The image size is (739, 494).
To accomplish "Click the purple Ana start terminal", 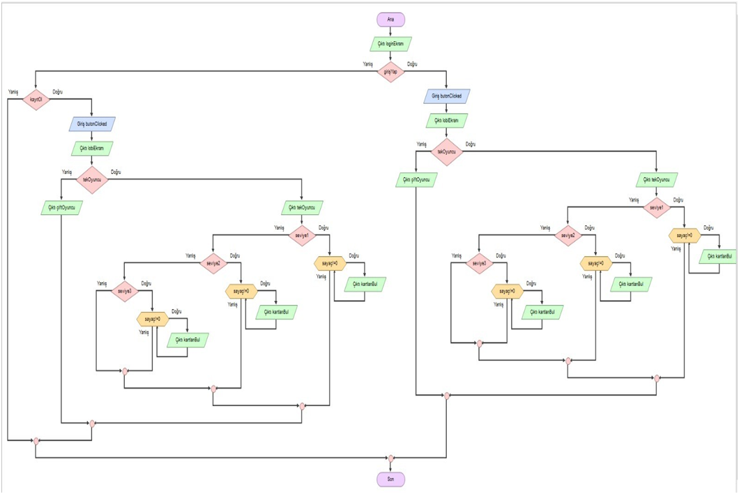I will (x=390, y=20).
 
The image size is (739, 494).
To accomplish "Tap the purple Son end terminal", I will (x=390, y=479).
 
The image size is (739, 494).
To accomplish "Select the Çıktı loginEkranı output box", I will (x=390, y=44).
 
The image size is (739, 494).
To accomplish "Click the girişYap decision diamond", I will (x=390, y=71).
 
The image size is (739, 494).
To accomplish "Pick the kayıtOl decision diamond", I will (x=36, y=99).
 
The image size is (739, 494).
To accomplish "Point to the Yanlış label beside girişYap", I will (x=367, y=64).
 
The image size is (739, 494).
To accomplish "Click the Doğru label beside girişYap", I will (x=412, y=64).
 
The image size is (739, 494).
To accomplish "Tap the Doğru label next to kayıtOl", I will (x=58, y=92).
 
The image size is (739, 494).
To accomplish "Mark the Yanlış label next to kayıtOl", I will (x=13, y=92).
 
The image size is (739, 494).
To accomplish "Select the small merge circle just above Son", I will (x=390, y=458).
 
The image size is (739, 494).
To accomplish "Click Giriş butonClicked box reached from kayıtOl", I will (x=92, y=124).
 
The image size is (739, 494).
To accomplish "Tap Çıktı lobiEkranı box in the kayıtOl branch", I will (x=92, y=149).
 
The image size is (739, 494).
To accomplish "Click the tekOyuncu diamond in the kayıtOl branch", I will (x=92, y=179).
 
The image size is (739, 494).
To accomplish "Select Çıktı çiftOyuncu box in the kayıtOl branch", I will (x=61, y=208).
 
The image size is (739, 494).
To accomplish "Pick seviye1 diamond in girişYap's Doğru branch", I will (x=656, y=207).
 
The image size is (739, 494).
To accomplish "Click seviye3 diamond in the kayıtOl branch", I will (x=125, y=291).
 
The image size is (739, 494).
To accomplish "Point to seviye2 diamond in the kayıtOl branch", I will (x=213, y=263).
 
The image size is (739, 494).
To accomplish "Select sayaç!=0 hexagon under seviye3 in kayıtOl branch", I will (x=152, y=319).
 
